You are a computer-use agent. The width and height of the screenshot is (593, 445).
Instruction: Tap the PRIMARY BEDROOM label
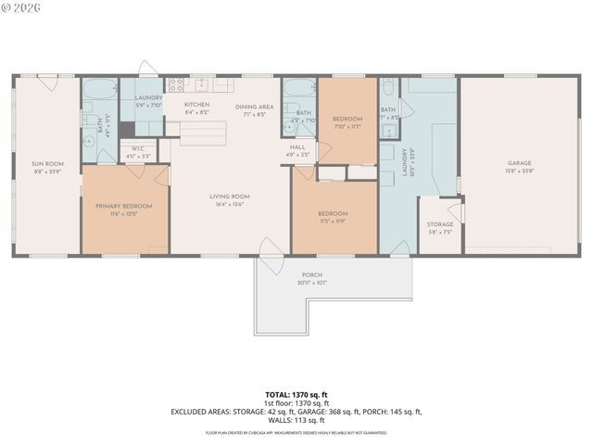pyautogui.click(x=123, y=206)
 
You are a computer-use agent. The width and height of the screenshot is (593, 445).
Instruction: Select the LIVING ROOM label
pyautogui.click(x=231, y=196)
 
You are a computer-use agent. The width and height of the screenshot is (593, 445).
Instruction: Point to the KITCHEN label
pyautogui.click(x=196, y=105)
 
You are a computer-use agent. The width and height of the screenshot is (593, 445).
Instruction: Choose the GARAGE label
pyautogui.click(x=519, y=163)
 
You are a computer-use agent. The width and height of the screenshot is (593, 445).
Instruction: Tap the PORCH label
pyautogui.click(x=312, y=275)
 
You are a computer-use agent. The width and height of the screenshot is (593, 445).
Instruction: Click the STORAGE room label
pyautogui.click(x=440, y=224)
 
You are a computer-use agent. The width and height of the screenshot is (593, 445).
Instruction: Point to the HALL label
pyautogui.click(x=297, y=147)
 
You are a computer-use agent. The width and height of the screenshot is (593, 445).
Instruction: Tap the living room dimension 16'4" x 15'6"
pyautogui.click(x=231, y=204)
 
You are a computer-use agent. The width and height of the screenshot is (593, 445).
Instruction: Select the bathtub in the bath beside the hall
pyautogui.click(x=299, y=91)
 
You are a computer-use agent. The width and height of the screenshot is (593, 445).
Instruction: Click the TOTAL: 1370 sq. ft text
pyautogui.click(x=296, y=396)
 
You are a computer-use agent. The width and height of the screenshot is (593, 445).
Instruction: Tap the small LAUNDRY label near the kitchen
pyautogui.click(x=148, y=97)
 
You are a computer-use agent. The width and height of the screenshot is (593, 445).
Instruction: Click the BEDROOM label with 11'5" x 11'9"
pyautogui.click(x=333, y=213)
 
